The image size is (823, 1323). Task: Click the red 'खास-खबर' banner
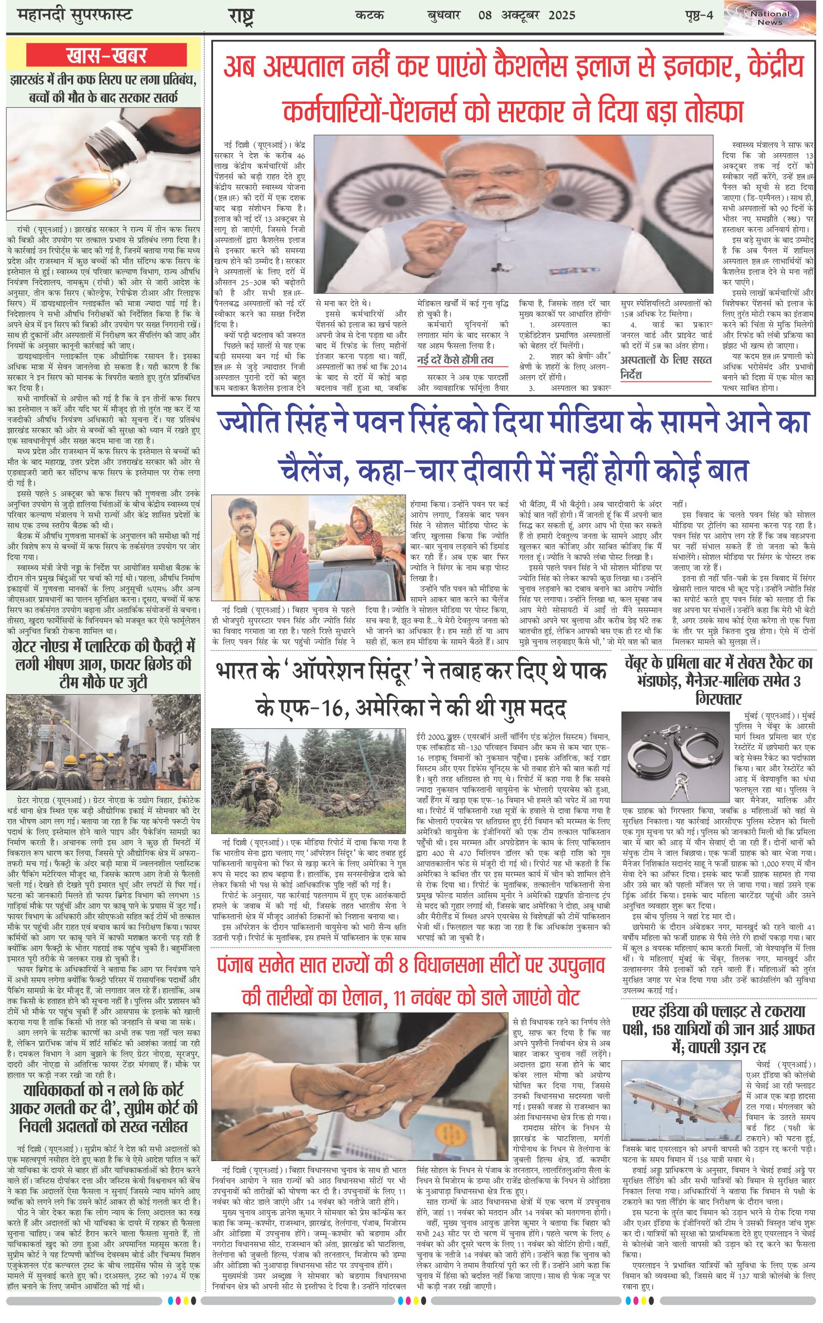coord(103,56)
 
